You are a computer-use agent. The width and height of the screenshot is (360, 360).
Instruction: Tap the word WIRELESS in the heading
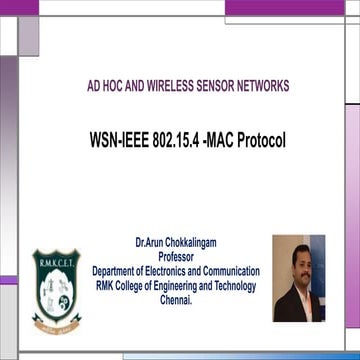click(153, 86)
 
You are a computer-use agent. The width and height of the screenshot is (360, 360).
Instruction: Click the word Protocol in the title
click(263, 138)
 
